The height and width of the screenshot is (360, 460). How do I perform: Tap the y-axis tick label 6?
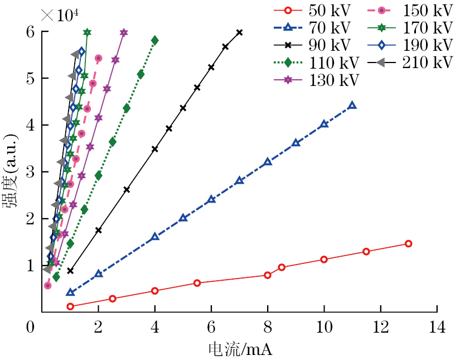coord(31,32)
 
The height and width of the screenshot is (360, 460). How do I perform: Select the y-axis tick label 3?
coord(31,172)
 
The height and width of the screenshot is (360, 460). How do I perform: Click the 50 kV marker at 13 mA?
coord(408,243)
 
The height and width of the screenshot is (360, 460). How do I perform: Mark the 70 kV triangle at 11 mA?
coord(352,105)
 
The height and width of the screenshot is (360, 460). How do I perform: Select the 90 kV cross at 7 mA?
coord(239,32)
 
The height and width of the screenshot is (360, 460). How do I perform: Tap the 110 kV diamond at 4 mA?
coord(154,40)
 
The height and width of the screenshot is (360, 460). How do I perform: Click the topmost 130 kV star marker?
coord(124,32)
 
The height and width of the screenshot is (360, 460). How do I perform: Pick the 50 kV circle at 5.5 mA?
coord(197,283)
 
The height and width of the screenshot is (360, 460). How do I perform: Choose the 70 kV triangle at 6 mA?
coord(211,199)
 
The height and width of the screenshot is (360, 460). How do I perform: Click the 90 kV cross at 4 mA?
coord(154,149)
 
